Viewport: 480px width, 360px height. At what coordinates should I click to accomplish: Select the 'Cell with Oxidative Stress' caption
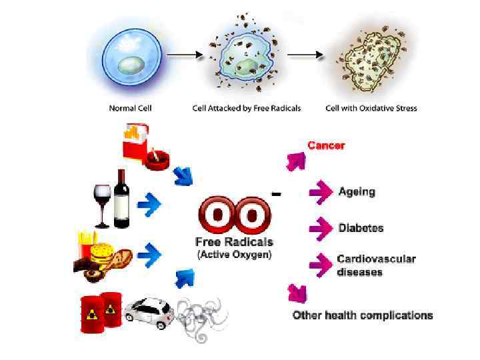(371, 107)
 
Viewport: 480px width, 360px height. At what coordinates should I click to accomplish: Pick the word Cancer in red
(326, 145)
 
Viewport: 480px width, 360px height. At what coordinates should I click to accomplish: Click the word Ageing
(357, 192)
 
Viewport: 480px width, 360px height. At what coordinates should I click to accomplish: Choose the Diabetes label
(361, 228)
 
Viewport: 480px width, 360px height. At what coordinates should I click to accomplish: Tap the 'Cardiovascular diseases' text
(376, 265)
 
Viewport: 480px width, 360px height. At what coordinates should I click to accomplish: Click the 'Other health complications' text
(363, 315)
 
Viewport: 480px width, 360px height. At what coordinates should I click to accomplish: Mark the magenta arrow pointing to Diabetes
(321, 228)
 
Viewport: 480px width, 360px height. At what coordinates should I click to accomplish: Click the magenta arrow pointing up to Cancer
(295, 160)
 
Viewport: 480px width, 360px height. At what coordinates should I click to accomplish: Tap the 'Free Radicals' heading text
(234, 242)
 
